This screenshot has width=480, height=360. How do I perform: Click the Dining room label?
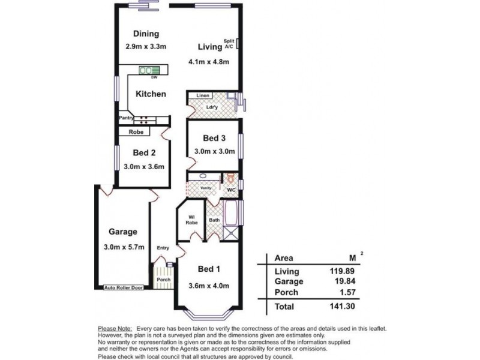click(146, 34)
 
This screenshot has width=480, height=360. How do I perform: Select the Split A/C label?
click(229, 43)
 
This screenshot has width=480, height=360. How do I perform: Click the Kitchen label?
click(151, 94)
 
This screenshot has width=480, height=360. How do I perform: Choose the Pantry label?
click(126, 118)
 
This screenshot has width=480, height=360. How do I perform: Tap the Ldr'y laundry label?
click(211, 107)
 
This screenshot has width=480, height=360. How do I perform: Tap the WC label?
click(231, 190)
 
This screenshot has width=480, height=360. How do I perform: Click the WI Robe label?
click(193, 220)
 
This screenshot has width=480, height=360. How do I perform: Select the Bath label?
click(214, 220)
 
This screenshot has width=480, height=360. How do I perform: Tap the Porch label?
click(163, 280)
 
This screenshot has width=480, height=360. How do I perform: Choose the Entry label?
click(163, 247)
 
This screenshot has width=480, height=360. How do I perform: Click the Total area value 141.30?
click(347, 307)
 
